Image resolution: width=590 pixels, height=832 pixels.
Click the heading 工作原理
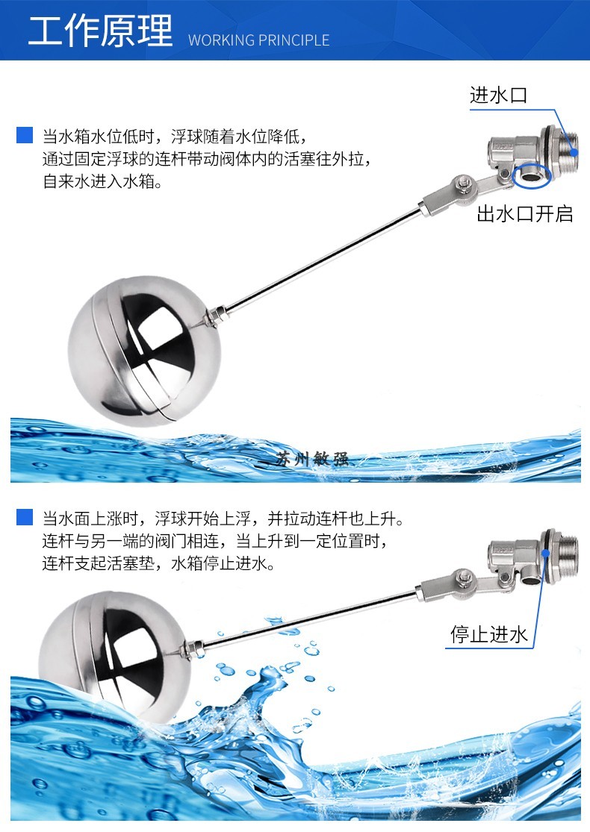pyautogui.click(x=100, y=31)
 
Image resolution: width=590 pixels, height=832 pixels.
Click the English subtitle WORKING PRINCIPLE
pyautogui.click(x=258, y=40)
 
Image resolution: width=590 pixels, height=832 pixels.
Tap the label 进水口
pyautogui.click(x=498, y=96)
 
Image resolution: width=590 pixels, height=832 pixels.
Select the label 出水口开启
pyautogui.click(x=525, y=214)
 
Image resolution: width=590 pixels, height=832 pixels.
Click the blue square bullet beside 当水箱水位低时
pyautogui.click(x=25, y=137)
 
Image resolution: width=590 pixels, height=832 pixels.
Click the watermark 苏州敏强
pyautogui.click(x=311, y=458)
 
